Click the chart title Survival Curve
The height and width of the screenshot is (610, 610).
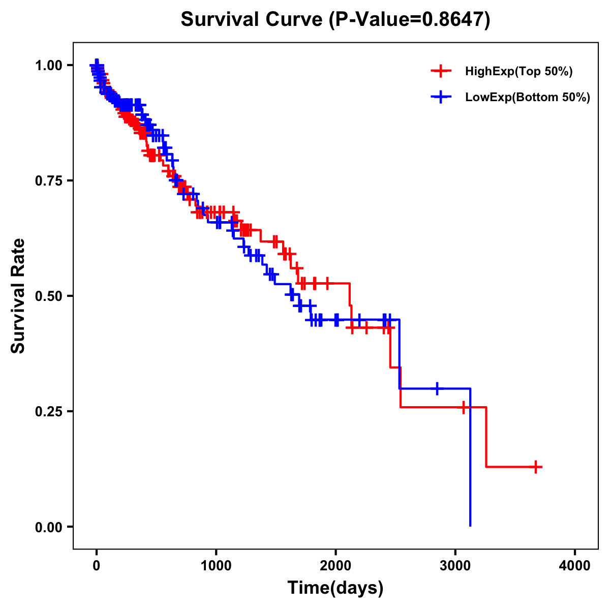pos(252,20)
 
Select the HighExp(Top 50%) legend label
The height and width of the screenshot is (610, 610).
pos(518,72)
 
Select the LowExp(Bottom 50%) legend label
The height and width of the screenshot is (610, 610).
pos(528,98)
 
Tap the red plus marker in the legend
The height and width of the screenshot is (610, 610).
pos(441,71)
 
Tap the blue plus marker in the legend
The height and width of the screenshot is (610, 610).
pos(441,97)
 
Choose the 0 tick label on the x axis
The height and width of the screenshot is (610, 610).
pos(96,566)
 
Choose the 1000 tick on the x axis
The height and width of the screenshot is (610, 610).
pos(216,566)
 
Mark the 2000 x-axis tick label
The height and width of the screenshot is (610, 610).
pos(335,566)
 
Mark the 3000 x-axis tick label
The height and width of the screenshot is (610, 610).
pos(455,566)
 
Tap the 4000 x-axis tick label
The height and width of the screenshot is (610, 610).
pos(575,566)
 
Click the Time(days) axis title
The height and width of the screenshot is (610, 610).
pos(335,588)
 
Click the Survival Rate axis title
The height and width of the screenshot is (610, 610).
pos(18,296)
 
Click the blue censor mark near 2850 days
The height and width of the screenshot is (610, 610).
pos(437,388)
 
